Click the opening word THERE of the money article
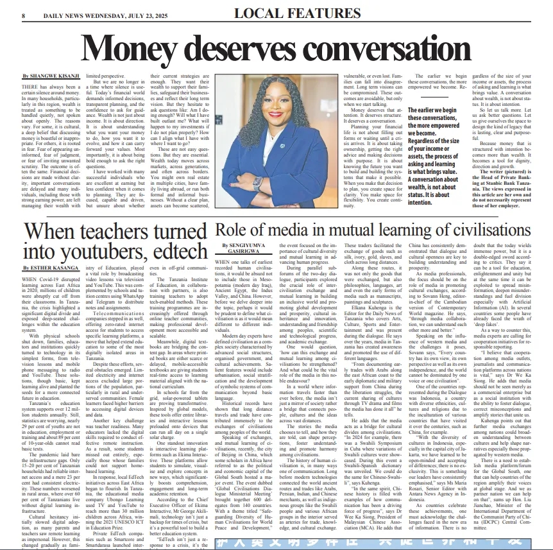30,86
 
